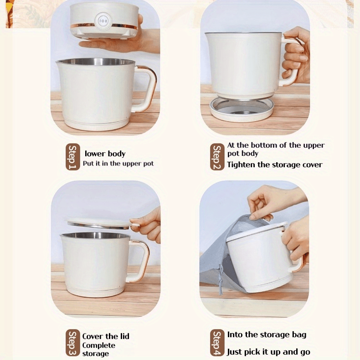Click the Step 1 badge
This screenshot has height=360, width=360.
pyautogui.click(x=73, y=157)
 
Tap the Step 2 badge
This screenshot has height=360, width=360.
pyautogui.click(x=217, y=157)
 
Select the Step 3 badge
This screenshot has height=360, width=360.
pyautogui.click(x=73, y=343)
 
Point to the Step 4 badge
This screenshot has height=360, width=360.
pyautogui.click(x=217, y=343)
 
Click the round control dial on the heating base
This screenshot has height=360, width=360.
pyautogui.click(x=103, y=21)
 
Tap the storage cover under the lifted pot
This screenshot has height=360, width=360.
pyautogui.click(x=242, y=109)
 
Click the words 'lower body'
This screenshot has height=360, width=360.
pyautogui.click(x=105, y=154)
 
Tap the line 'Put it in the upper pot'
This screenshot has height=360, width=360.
pyautogui.click(x=118, y=164)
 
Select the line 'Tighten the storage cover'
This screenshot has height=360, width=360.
pyautogui.click(x=275, y=165)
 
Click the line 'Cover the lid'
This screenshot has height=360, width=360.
pyautogui.click(x=106, y=336)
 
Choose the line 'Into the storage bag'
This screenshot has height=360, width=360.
pyautogui.click(x=267, y=335)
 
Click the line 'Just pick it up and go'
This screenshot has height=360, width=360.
pyautogui.click(x=268, y=352)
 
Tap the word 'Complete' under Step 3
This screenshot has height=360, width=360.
pyautogui.click(x=99, y=345)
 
